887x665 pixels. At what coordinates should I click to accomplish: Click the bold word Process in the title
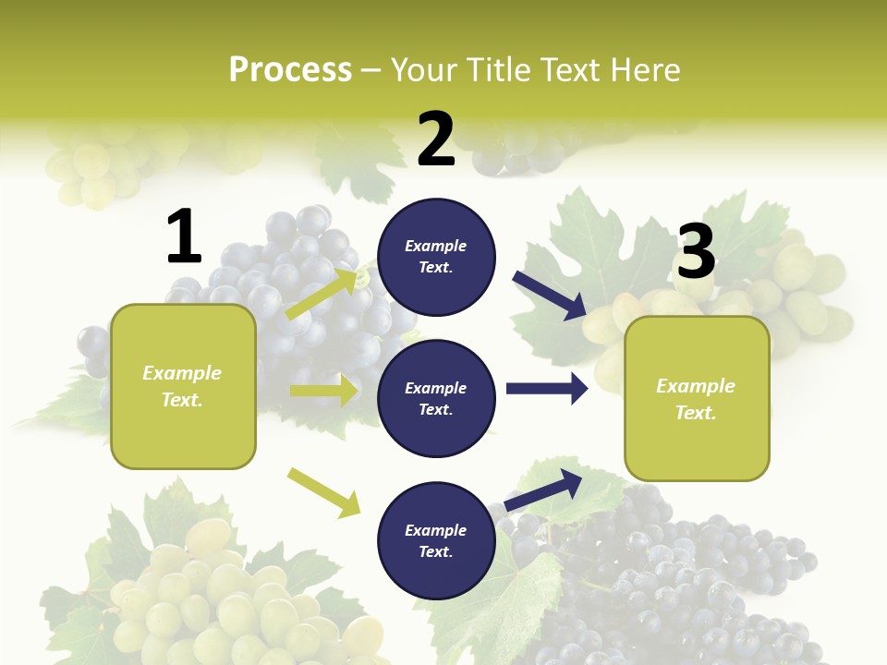[290, 69]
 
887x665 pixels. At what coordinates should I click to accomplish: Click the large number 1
[184, 236]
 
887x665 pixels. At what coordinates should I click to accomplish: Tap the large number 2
[436, 139]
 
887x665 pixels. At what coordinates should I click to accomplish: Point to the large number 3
[697, 251]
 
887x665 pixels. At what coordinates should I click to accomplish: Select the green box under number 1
[183, 386]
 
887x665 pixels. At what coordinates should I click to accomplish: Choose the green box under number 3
[697, 398]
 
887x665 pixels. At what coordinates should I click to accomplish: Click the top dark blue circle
[436, 257]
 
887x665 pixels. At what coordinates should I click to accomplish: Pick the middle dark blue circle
[436, 398]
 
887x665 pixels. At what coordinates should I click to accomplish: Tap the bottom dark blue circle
[436, 540]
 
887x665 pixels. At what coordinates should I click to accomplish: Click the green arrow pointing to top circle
[322, 295]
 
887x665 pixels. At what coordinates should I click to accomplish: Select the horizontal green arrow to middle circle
[323, 391]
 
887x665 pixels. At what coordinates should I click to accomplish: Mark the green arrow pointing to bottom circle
[323, 492]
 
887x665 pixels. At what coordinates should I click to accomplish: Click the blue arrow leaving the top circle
[550, 296]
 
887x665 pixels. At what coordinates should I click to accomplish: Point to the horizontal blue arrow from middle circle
[547, 389]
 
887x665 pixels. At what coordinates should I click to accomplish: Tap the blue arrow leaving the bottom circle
[543, 490]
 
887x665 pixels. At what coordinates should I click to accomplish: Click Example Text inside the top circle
[436, 257]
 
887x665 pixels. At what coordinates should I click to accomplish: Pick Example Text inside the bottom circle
[436, 540]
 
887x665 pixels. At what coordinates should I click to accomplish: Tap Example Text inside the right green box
[696, 399]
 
